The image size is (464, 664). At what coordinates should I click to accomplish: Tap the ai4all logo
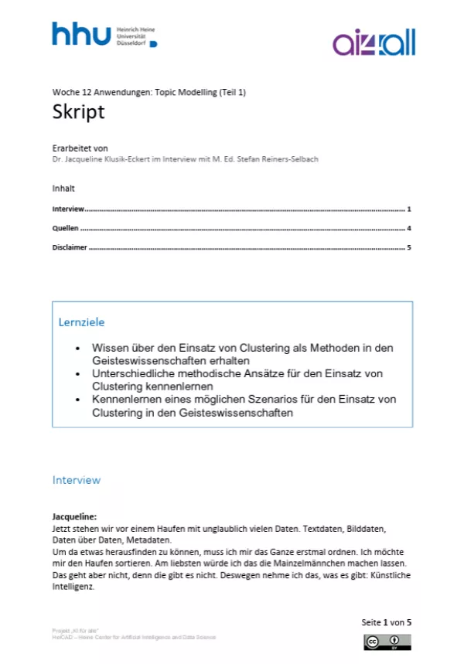(374, 43)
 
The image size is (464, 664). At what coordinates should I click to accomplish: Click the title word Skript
(78, 112)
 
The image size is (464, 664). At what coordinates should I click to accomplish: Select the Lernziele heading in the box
(81, 322)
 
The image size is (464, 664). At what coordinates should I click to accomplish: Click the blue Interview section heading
(77, 480)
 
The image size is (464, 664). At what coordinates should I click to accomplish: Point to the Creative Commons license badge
(387, 642)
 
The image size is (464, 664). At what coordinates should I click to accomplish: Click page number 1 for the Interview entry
(408, 209)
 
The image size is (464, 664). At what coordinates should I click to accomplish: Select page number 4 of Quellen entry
(408, 229)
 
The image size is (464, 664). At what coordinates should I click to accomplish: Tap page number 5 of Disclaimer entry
(408, 248)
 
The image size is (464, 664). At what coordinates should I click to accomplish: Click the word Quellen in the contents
(65, 229)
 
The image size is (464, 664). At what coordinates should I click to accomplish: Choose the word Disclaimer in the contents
(70, 248)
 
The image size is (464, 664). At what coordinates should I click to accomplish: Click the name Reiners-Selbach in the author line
(290, 159)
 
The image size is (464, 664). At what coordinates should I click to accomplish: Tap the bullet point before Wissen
(77, 349)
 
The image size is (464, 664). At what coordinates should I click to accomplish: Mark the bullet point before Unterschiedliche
(77, 374)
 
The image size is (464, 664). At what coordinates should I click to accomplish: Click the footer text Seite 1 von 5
(386, 622)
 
